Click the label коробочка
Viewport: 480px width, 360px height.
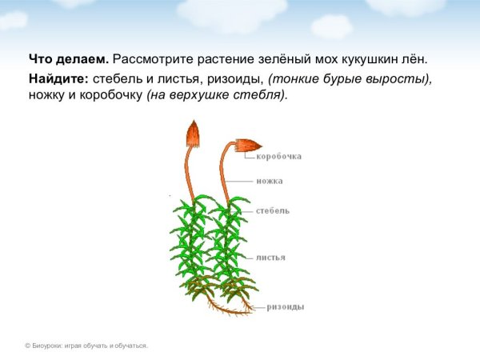point(278,157)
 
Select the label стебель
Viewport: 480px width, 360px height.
point(273,211)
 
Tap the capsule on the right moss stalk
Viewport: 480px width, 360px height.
point(248,146)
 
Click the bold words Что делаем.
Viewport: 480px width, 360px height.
point(69,60)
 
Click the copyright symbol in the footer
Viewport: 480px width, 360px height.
point(27,346)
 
